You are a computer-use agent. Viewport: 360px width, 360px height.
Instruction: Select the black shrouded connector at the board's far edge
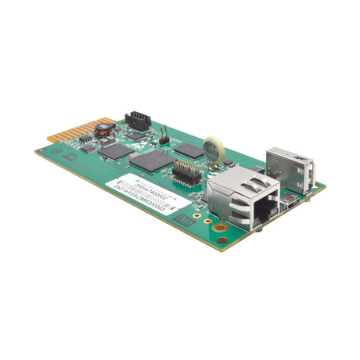click(139, 120)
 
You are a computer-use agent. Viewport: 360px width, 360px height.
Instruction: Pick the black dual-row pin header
click(186, 170)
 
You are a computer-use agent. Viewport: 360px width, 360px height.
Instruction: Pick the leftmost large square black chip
click(116, 150)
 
